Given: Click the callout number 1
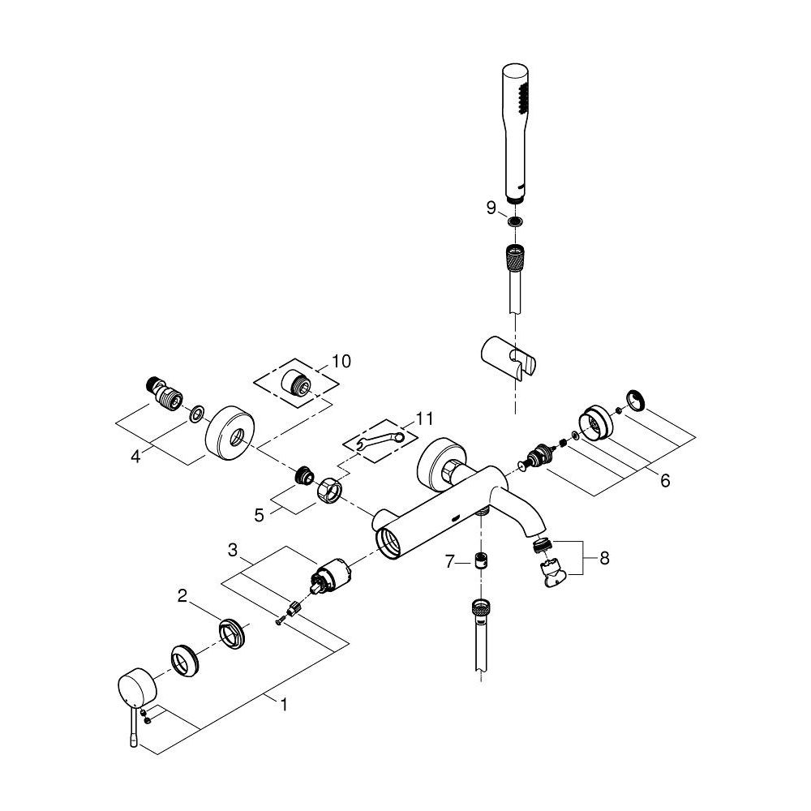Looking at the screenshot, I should [284, 706].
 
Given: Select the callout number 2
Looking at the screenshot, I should [183, 597].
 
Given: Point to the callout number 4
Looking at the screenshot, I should [136, 457].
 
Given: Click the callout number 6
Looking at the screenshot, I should [665, 481].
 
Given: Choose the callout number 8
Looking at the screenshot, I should [603, 558].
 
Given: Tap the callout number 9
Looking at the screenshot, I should [491, 208].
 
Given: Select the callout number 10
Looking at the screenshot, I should [341, 361].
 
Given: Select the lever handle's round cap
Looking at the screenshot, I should [135, 686].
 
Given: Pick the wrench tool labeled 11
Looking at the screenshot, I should [382, 440].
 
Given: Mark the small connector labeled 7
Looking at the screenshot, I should [481, 560].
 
